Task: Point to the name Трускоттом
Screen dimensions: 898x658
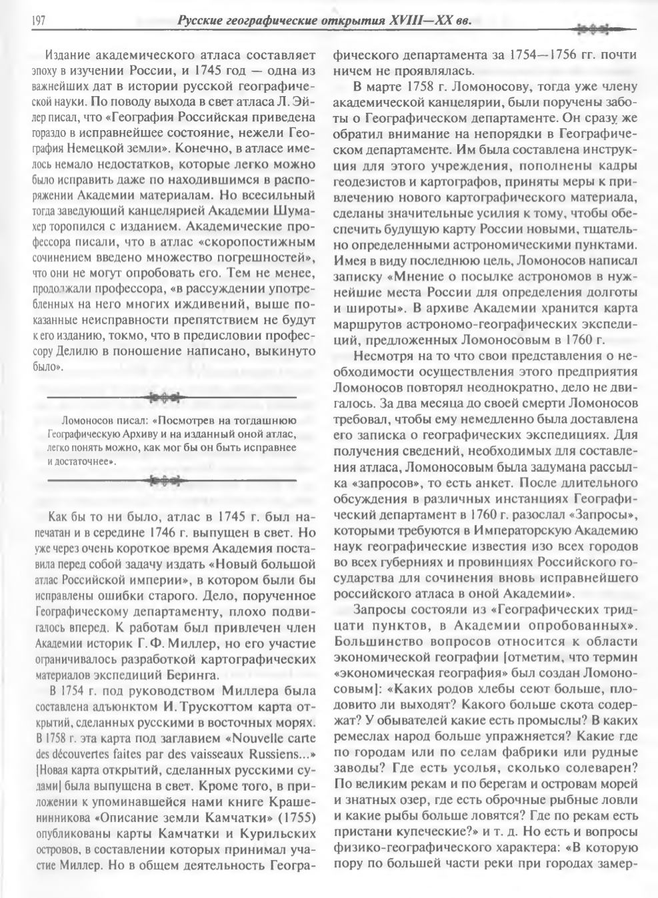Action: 203,706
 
